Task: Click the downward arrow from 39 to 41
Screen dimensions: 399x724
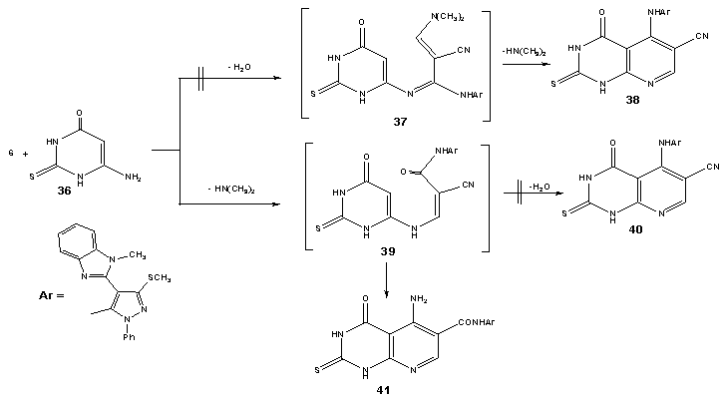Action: click(x=387, y=278)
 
